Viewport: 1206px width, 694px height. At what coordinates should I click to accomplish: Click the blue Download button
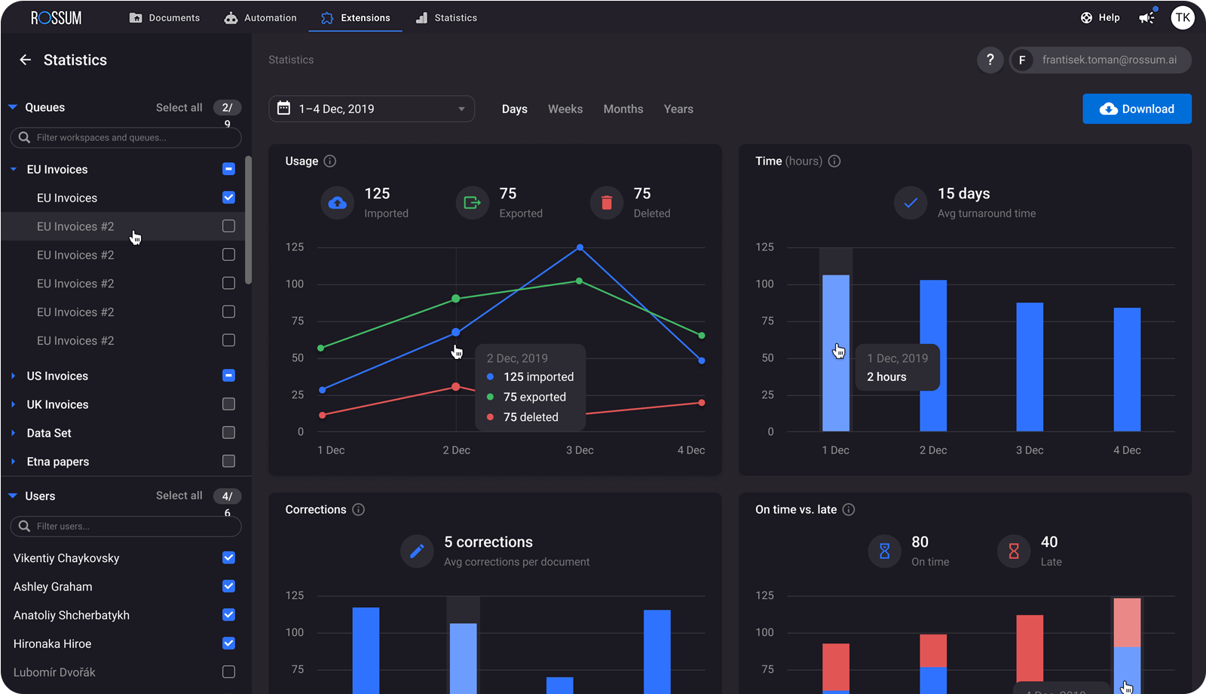1137,109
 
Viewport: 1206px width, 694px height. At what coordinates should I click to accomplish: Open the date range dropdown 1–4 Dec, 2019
372,109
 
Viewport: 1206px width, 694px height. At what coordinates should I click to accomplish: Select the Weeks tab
565,109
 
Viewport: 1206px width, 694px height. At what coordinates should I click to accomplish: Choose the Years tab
678,109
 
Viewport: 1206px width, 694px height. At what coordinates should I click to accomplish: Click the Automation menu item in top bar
261,17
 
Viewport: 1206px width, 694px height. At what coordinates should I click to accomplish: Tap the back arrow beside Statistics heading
26,60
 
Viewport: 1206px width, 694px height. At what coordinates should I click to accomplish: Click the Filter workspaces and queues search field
126,137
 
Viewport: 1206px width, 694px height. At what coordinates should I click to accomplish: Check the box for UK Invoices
229,404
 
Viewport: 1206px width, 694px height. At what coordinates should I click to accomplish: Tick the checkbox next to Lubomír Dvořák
229,672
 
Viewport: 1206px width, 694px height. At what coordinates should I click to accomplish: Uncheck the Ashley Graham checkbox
229,586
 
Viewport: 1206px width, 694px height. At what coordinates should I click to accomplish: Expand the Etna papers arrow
14,462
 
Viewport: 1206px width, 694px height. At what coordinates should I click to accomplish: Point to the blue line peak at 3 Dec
580,247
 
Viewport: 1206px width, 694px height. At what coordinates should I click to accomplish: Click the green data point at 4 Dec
702,335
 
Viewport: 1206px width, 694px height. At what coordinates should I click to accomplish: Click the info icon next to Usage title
330,161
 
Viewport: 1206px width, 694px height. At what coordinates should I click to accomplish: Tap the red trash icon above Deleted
607,203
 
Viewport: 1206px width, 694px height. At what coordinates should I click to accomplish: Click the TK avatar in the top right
1182,17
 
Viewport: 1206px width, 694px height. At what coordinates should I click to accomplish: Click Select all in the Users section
179,496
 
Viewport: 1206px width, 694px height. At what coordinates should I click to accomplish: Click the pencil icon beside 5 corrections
417,551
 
